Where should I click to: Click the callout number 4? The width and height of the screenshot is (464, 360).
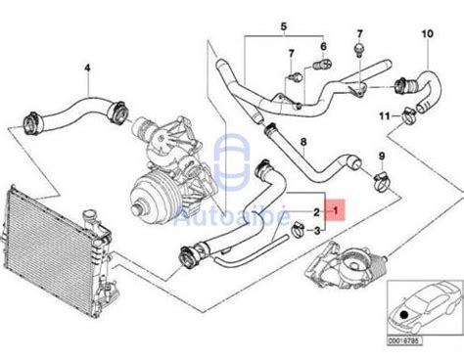coord(86,67)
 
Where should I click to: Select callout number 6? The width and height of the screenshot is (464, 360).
coord(324,45)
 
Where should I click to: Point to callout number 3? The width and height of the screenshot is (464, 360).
coord(316,231)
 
